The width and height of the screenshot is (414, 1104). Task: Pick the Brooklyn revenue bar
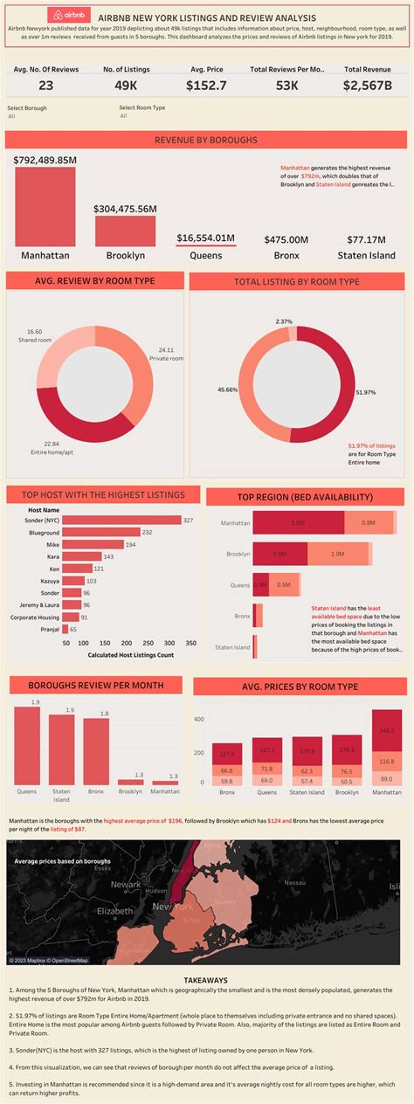(125, 230)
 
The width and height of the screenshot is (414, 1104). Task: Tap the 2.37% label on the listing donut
(284, 321)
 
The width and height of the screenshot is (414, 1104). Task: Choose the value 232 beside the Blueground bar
(147, 532)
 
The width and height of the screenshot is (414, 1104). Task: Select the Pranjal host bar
(65, 628)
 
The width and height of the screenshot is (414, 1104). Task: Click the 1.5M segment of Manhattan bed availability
(299, 522)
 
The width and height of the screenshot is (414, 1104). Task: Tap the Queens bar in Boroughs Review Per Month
(27, 745)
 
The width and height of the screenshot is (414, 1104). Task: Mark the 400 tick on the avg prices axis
(198, 719)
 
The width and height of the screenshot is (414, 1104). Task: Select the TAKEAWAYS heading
(206, 980)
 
